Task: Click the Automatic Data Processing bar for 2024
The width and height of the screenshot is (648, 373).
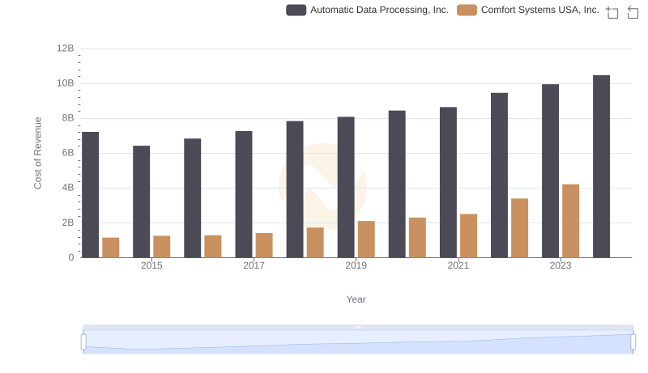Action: (x=601, y=167)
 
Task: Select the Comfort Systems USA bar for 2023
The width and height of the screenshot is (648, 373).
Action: (x=570, y=221)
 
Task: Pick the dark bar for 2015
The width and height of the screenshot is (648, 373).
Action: (x=141, y=201)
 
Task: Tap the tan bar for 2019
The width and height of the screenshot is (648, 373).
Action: (x=366, y=239)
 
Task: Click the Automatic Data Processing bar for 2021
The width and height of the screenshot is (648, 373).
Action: (x=448, y=182)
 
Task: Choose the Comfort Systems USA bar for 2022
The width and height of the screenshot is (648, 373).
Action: (x=519, y=228)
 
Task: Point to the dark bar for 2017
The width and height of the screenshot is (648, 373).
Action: (x=243, y=194)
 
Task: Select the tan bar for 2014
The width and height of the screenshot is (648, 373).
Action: (x=111, y=248)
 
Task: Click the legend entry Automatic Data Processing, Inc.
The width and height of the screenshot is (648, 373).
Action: (x=368, y=10)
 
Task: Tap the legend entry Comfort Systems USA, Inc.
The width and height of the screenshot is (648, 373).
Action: (x=528, y=10)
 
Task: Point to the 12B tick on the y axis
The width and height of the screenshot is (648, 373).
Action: (x=65, y=49)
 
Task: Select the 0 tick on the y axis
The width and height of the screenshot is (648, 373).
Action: (x=70, y=257)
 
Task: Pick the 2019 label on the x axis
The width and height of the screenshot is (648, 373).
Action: (x=356, y=265)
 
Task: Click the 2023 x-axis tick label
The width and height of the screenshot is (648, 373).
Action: (x=561, y=265)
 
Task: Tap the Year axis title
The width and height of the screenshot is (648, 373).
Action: (x=356, y=299)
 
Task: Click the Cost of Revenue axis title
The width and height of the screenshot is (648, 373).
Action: (x=38, y=153)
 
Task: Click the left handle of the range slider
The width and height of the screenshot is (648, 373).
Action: (x=83, y=342)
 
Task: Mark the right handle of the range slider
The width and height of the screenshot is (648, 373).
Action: (x=633, y=342)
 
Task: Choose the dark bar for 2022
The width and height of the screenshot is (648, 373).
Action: (x=499, y=176)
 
